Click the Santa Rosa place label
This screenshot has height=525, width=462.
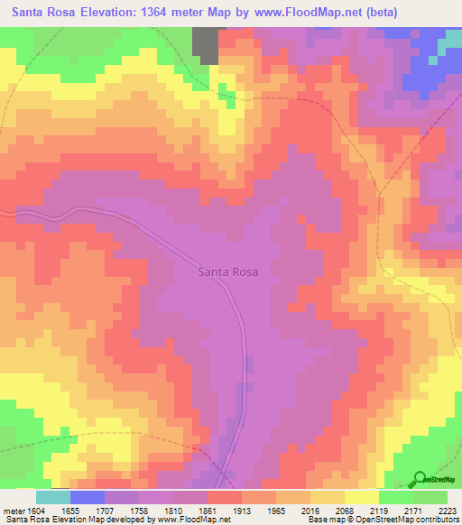(x=227, y=272)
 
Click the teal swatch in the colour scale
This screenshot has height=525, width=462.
(x=53, y=497)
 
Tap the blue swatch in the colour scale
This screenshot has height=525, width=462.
(x=88, y=497)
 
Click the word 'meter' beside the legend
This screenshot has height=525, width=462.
(x=12, y=510)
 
